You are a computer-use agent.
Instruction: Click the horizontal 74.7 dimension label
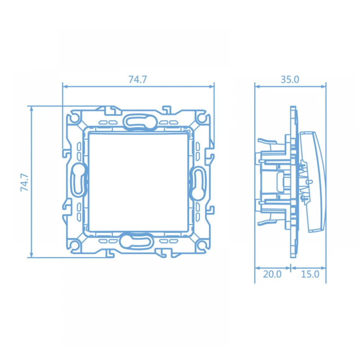coord(138,80)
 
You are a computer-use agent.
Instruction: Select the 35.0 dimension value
coord(290,80)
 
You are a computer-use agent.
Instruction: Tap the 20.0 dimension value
coord(272,274)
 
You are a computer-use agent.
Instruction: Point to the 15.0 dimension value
coord(310,274)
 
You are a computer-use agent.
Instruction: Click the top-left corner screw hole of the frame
coord(74,118)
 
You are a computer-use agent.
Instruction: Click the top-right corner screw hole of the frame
coord(202,118)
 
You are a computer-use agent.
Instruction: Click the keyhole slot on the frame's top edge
coord(138,121)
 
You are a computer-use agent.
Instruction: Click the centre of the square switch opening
coord(138,182)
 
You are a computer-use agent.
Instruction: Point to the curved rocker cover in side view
coord(317,182)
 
